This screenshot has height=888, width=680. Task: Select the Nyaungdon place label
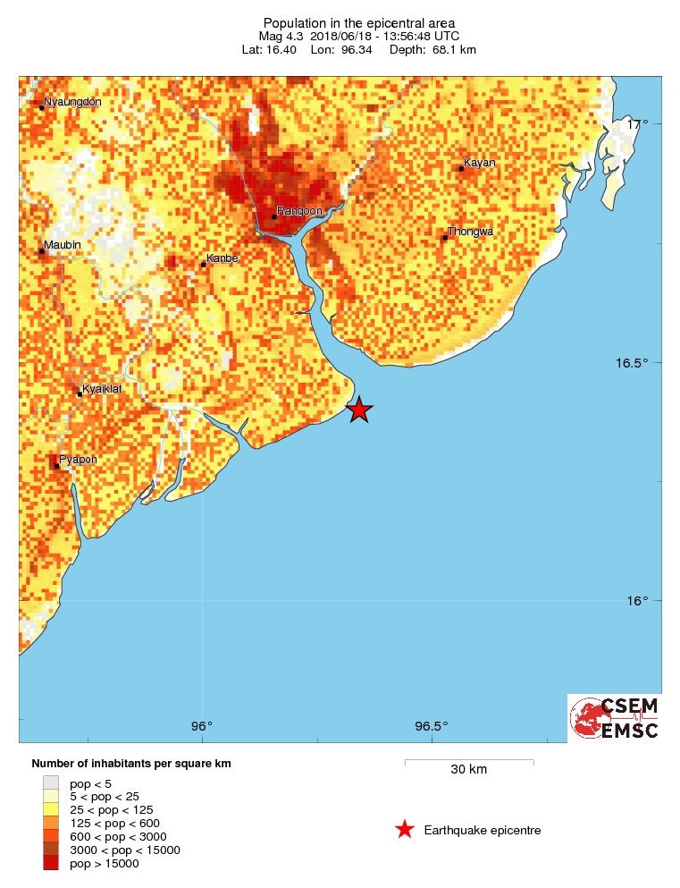coord(72,102)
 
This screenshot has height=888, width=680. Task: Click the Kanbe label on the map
coord(222,259)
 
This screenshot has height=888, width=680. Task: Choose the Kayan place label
coord(479,163)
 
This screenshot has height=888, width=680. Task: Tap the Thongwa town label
coord(470,232)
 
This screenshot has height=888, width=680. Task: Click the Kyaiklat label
coord(101,390)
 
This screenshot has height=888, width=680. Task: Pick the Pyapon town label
coord(78,460)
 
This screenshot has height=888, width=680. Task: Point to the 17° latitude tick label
coord(636,123)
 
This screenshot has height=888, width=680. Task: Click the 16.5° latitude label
coord(631,363)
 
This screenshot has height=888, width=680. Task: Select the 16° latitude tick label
coord(636,601)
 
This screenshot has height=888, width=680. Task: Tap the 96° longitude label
coord(202,725)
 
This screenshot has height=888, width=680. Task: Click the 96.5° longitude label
coord(432,725)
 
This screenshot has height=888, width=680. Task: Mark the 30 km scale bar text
coord(468,770)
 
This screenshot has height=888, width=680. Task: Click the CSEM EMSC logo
coord(614,718)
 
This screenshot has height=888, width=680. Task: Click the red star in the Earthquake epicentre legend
coord(405,830)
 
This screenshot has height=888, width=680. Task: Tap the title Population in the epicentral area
coord(358,23)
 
